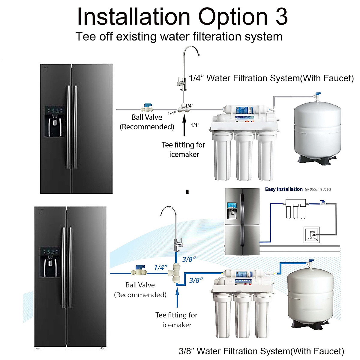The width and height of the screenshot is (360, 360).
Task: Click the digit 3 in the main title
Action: coord(281,17)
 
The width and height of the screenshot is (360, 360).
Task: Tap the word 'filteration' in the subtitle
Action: coord(216,37)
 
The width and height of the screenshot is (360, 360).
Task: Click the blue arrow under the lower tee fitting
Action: coord(177,297)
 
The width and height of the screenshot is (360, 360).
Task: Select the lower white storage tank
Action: coord(310,295)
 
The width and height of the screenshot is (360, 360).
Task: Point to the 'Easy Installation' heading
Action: coord(283,189)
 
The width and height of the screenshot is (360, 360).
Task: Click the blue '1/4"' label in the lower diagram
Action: coord(160,267)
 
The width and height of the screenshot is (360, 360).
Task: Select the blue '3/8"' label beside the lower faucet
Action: coord(189,259)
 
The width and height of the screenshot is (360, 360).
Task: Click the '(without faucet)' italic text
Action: coord(318,189)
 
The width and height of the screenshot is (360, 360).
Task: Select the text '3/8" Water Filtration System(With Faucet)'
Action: coord(261,351)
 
